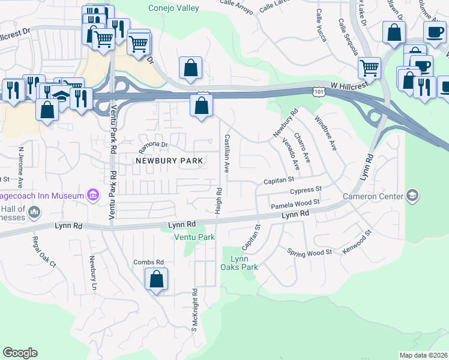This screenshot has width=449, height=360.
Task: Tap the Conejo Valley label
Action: coord(174,8)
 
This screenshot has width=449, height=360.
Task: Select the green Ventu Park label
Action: coord(194,238)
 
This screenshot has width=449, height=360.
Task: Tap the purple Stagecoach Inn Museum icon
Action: coord(92,195)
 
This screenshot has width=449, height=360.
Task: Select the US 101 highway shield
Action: coord(319,90)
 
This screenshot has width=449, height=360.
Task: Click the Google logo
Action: coord(20,353)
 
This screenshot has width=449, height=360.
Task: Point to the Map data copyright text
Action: coord(424,355)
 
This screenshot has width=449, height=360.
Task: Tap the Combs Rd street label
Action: coord(148,262)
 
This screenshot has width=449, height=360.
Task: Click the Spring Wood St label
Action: coord(309,253)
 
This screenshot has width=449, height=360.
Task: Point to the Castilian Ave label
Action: coord(227,154)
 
